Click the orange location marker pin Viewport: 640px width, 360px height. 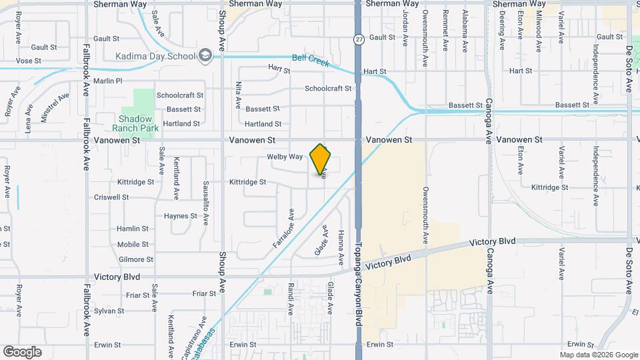tap(321, 159)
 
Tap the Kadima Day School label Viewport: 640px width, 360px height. tap(155, 56)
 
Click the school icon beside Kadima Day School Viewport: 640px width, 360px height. tap(205, 56)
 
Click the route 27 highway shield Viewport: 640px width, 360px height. tap(358, 40)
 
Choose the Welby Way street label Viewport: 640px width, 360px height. tap(285, 157)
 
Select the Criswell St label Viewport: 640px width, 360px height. tap(111, 197)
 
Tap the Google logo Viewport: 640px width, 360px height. tap(22, 351)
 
